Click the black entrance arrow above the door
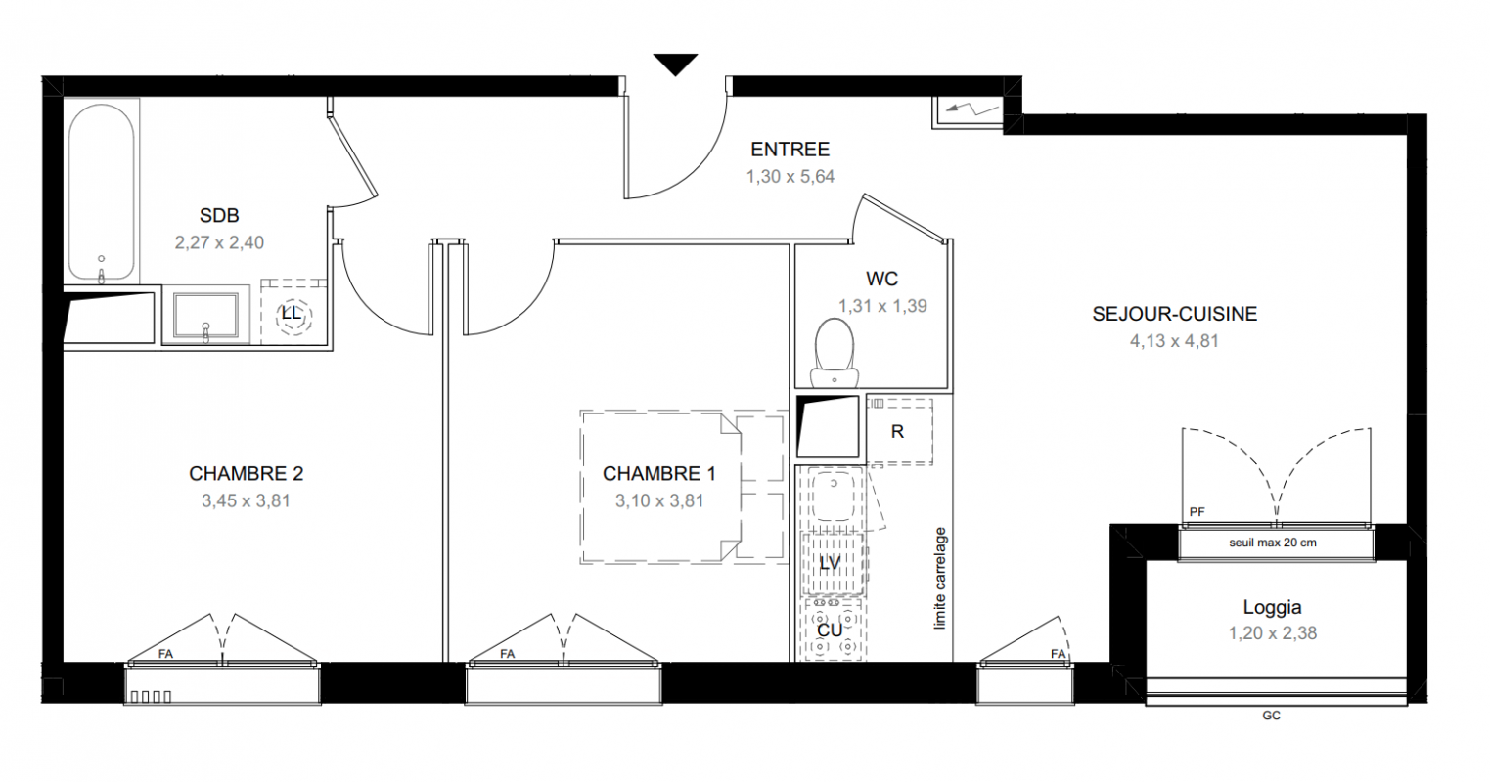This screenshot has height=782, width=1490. (675, 64)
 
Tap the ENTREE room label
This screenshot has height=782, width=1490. (790, 150)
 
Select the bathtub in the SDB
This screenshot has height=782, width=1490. (102, 193)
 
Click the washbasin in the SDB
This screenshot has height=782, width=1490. (205, 316)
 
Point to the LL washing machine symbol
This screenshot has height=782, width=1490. (292, 313)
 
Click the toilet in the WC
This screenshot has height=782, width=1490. (835, 352)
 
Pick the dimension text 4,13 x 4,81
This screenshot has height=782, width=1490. (1174, 341)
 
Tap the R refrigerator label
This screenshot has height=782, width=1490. (897, 432)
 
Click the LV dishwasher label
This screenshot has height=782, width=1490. (830, 563)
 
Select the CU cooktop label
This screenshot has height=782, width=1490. (830, 630)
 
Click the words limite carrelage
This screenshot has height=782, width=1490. (940, 578)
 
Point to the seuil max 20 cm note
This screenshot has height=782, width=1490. (1273, 543)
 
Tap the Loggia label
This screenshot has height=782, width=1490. (1272, 607)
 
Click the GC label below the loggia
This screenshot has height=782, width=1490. (1271, 716)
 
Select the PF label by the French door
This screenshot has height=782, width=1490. (1197, 511)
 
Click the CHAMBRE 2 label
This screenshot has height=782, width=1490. (247, 474)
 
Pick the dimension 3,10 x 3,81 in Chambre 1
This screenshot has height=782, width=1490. (659, 500)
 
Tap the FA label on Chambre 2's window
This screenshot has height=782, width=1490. (165, 654)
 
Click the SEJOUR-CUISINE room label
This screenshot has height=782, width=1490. (1175, 314)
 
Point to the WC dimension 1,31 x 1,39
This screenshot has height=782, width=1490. (882, 306)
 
